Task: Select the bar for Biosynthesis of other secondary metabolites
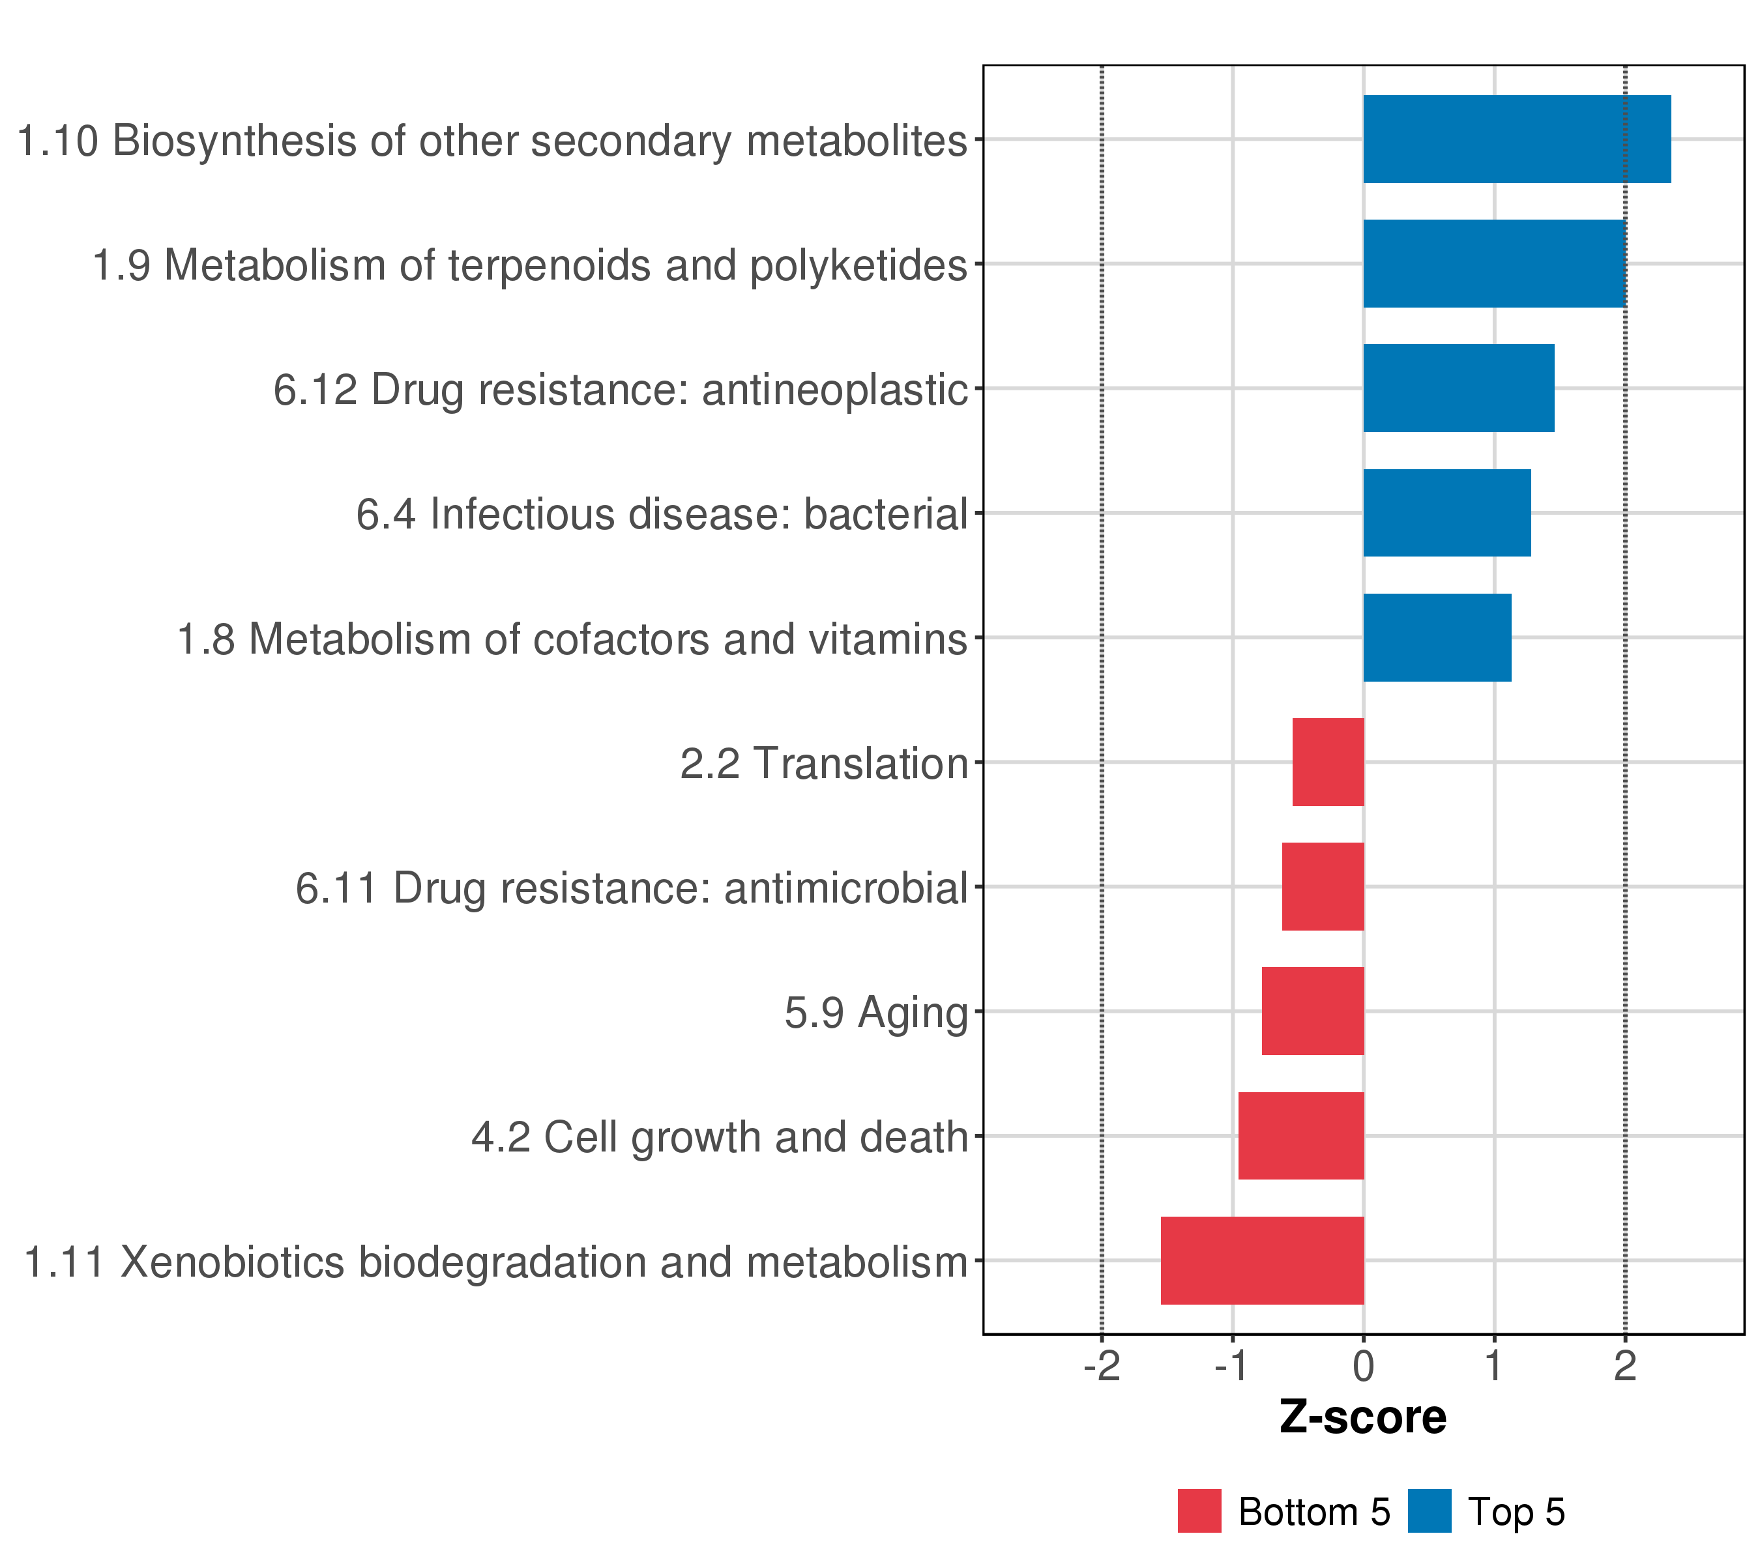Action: point(1516,139)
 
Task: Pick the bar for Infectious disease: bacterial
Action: point(1446,513)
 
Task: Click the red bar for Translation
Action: point(1328,762)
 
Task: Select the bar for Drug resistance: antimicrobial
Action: point(1323,886)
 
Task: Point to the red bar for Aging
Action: point(1312,1011)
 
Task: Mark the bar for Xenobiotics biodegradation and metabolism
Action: point(1261,1260)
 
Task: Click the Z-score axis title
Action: point(1363,1417)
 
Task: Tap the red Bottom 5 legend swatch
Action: point(1199,1511)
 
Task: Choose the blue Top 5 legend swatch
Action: point(1430,1511)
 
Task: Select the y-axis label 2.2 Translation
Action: point(824,764)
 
